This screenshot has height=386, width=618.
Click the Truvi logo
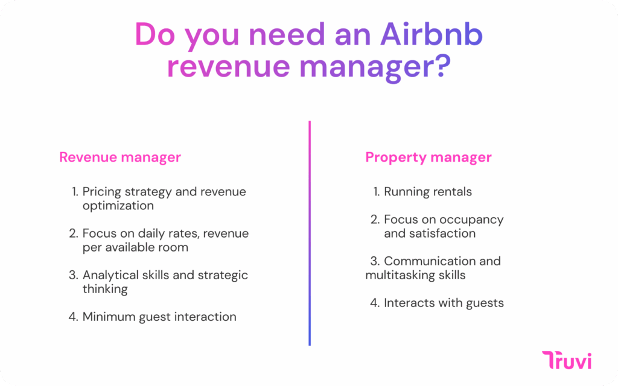tap(567, 360)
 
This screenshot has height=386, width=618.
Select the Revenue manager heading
tap(120, 157)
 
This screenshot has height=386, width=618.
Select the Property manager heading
tap(428, 157)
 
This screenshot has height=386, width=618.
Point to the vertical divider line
tap(310, 233)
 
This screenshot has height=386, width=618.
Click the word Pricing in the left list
tap(101, 192)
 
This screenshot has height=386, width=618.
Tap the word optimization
tap(118, 206)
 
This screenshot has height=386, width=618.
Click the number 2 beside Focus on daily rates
tap(74, 233)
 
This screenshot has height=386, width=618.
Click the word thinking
tap(105, 289)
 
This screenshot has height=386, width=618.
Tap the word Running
tap(404, 192)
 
